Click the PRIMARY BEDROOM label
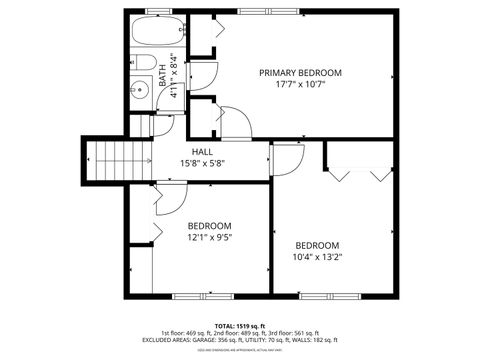pyautogui.click(x=301, y=72)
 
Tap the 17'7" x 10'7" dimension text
pyautogui.click(x=301, y=85)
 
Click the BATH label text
pyautogui.click(x=163, y=76)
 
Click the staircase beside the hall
pyautogui.click(x=109, y=157)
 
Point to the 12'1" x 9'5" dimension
pyautogui.click(x=210, y=238)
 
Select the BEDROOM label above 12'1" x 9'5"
pyautogui.click(x=210, y=226)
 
